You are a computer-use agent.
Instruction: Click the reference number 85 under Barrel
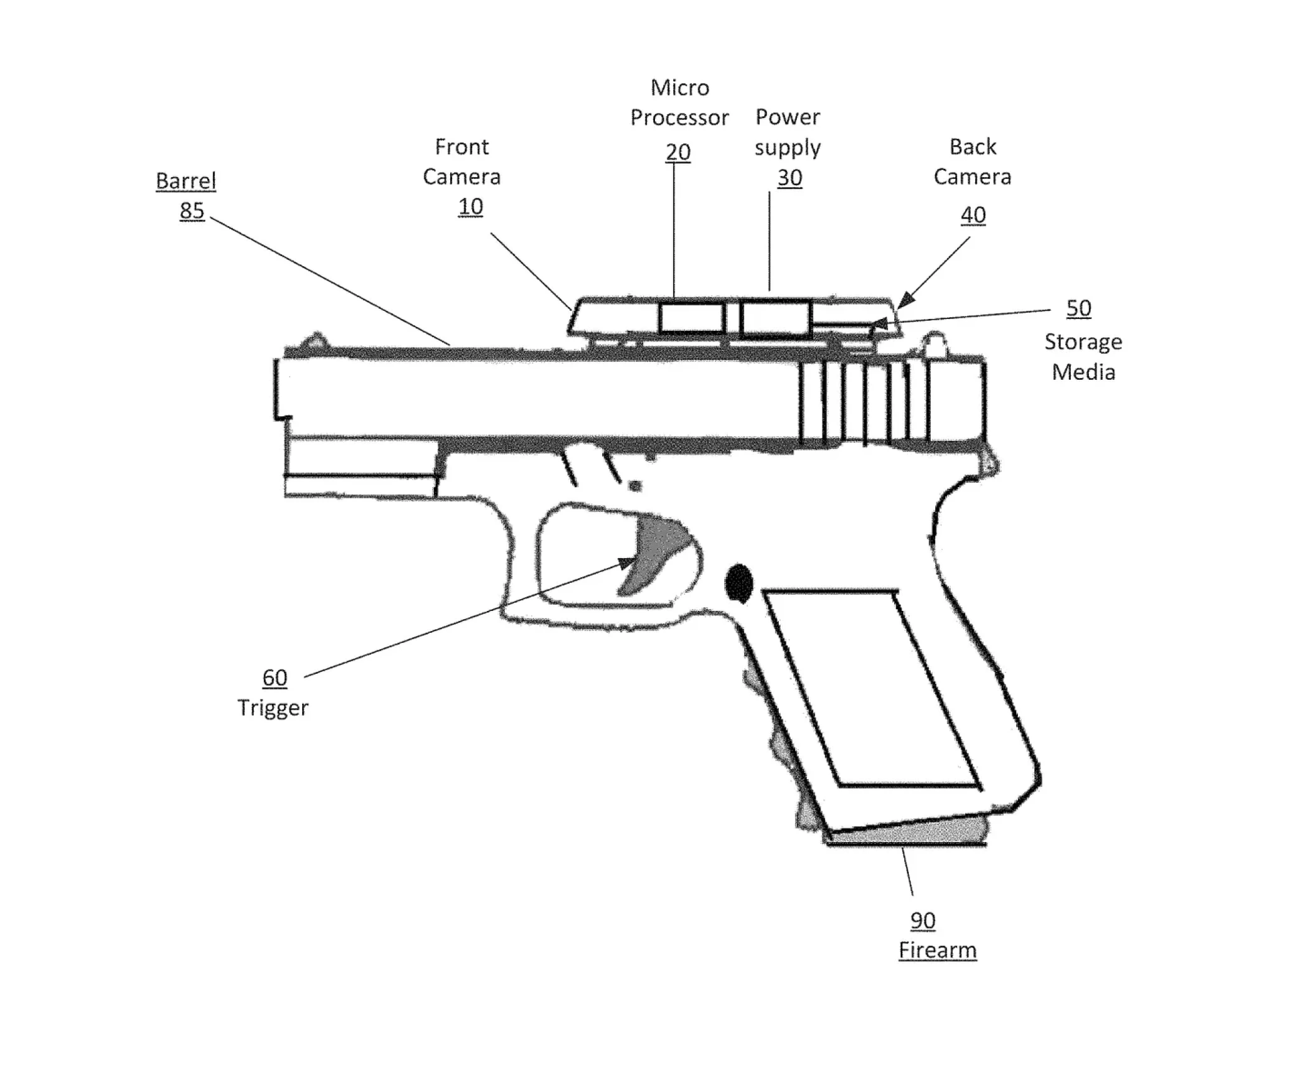point(192,210)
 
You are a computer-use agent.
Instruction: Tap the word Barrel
point(185,181)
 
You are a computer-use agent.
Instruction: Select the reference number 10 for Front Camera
point(470,207)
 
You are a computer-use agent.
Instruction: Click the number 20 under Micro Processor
point(678,151)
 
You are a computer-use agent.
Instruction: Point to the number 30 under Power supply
point(789,178)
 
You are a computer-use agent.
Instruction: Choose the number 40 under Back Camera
point(973,215)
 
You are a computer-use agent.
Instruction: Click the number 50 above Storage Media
point(1078,308)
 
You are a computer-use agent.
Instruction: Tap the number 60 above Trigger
point(274,678)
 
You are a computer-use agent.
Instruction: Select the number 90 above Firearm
point(923,921)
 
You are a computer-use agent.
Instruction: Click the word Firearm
point(937,950)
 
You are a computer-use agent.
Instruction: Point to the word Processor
point(679,117)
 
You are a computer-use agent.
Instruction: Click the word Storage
point(1083,342)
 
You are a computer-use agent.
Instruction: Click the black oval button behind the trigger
point(739,583)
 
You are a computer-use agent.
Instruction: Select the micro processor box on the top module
point(691,318)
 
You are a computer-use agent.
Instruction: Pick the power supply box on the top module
point(775,319)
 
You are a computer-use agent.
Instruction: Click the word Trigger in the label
point(273,708)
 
